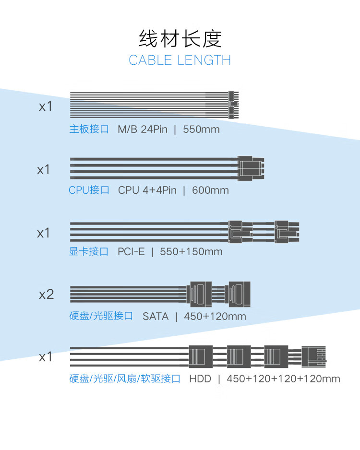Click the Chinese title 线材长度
[x=180, y=38]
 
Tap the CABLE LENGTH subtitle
[x=180, y=60]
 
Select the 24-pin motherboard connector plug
[x=233, y=105]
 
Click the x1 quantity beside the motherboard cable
[x=46, y=107]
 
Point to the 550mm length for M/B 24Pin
[x=201, y=130]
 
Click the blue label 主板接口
[x=89, y=129]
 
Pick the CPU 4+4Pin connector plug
[x=251, y=168]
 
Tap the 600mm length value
[x=210, y=190]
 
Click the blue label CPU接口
[x=89, y=190]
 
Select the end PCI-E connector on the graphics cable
[x=287, y=232]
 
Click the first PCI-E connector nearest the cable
[x=240, y=232]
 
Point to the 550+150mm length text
[x=191, y=252]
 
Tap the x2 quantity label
[x=46, y=295]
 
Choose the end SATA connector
[x=238, y=294]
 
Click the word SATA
[x=156, y=316]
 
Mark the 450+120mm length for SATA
[x=215, y=316]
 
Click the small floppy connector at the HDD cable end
[x=314, y=357]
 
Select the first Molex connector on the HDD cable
[x=201, y=356]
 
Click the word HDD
[x=200, y=379]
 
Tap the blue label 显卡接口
[x=89, y=251]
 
